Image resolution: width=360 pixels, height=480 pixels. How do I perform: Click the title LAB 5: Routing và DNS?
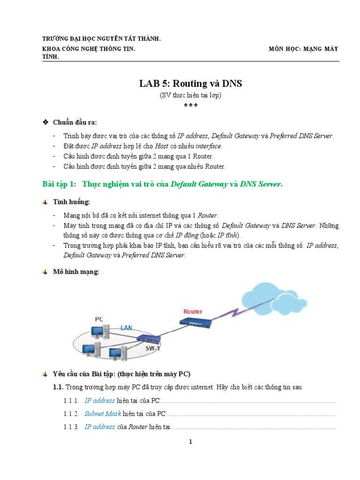[x=190, y=83]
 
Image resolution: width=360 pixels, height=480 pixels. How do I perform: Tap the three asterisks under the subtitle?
[x=190, y=105]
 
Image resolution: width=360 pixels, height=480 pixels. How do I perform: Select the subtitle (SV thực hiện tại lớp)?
[x=190, y=95]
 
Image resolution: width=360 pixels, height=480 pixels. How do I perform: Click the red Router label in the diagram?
[x=193, y=311]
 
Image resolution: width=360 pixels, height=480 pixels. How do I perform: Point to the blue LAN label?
[x=126, y=328]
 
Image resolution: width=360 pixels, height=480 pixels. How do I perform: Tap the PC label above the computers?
[x=99, y=319]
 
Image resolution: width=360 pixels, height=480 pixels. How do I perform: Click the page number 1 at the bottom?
[x=190, y=442]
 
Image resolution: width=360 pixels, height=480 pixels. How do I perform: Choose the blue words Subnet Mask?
[x=103, y=414]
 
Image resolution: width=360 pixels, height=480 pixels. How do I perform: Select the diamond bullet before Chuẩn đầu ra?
[x=45, y=122]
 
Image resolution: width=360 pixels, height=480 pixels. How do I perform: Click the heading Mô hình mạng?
[x=76, y=272]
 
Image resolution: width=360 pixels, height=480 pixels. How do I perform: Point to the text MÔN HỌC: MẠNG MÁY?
[x=303, y=49]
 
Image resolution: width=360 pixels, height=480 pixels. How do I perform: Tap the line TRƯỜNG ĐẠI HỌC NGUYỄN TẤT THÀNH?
[x=102, y=39]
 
